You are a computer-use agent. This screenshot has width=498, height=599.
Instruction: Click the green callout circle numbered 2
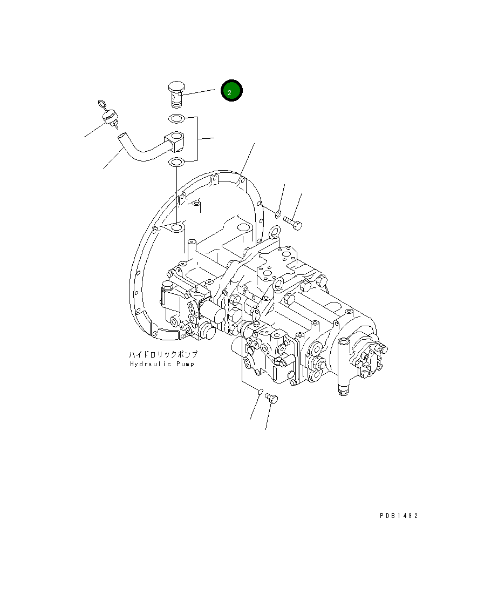231,92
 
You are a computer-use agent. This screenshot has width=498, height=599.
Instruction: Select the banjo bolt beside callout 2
176,94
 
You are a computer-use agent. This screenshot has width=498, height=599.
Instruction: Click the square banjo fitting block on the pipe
176,140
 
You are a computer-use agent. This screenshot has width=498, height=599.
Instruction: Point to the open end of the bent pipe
122,138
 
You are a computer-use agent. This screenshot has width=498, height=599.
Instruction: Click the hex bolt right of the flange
292,221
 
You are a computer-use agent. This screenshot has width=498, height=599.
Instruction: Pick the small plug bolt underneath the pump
272,398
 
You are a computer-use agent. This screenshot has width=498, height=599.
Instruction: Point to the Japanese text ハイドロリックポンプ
163,355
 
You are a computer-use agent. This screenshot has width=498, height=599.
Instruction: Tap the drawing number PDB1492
398,516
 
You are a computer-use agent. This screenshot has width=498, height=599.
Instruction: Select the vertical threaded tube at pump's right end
343,367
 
